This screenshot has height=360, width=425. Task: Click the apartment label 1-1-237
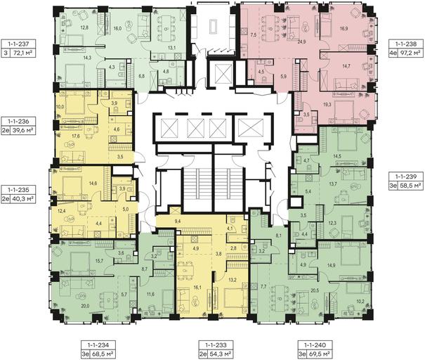tap(18, 44)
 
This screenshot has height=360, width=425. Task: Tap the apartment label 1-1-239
tap(406, 176)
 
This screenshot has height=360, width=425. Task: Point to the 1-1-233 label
tap(216, 345)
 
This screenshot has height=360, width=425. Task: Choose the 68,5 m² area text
tap(105, 354)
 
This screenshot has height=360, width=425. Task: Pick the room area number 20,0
tap(84, 306)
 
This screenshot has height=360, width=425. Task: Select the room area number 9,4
tap(178, 221)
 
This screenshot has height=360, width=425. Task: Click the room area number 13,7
tap(332, 184)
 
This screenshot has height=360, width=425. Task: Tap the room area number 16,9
tap(344, 28)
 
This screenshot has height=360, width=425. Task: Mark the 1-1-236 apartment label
tap(18, 122)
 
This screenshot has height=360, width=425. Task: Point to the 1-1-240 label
tap(315, 345)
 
